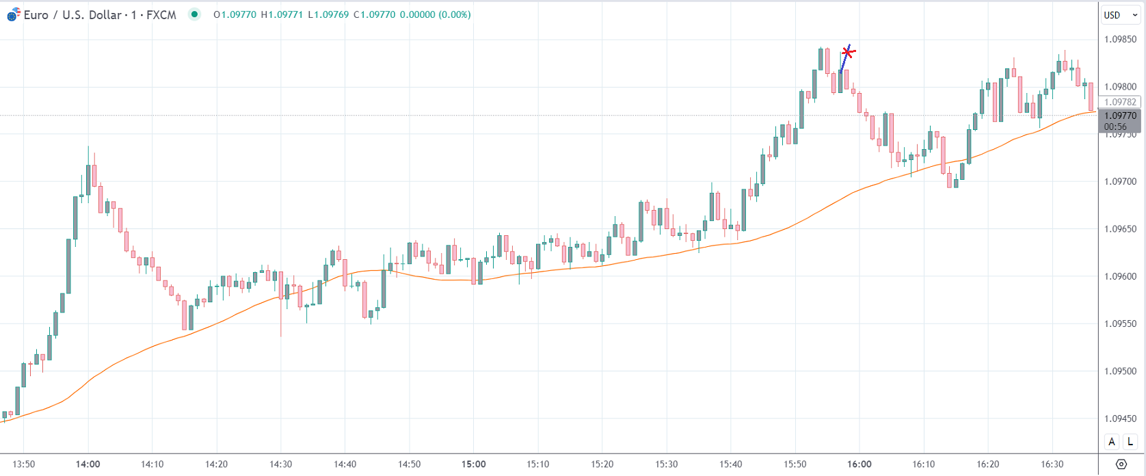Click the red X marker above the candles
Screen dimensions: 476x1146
click(x=848, y=52)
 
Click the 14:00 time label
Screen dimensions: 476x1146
click(x=88, y=464)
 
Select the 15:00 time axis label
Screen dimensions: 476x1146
click(x=474, y=464)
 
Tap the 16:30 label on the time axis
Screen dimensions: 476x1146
click(x=1052, y=464)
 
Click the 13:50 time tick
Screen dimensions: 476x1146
click(x=24, y=464)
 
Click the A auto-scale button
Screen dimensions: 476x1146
click(x=1112, y=442)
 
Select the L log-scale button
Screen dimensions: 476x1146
click(x=1131, y=442)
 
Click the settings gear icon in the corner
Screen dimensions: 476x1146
click(x=1121, y=464)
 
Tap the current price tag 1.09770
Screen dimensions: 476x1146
click(x=1120, y=116)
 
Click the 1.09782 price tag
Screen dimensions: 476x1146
click(x=1120, y=102)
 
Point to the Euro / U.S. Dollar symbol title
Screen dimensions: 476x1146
click(x=72, y=14)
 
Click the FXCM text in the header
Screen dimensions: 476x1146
click(x=161, y=14)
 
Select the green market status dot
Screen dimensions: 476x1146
click(x=195, y=14)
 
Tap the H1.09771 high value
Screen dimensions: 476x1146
click(x=282, y=14)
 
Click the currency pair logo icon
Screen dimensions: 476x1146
click(x=13, y=14)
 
